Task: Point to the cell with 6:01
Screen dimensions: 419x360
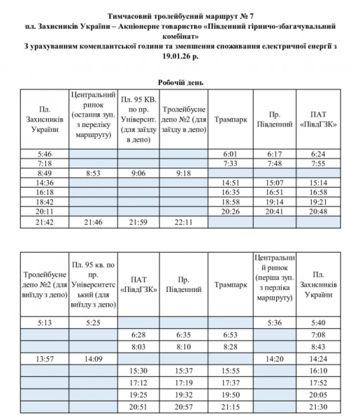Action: click(x=231, y=153)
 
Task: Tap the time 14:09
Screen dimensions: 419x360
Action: click(x=93, y=360)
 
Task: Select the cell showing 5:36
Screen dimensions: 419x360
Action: click(x=274, y=323)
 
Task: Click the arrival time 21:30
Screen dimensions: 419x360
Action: click(x=319, y=406)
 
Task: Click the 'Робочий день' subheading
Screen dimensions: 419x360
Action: click(x=180, y=81)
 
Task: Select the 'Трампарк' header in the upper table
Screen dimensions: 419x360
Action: click(x=231, y=118)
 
